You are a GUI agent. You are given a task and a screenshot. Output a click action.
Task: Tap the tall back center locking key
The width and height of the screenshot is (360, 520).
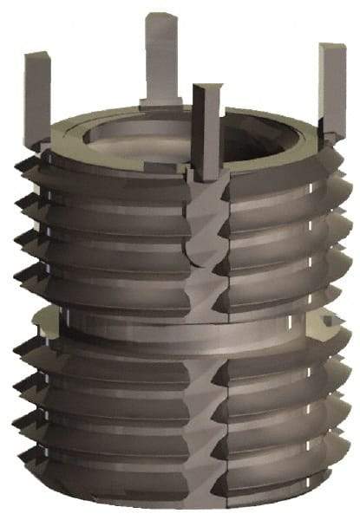(161, 56)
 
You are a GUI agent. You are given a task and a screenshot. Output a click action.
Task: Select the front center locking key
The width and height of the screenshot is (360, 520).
(207, 130)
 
